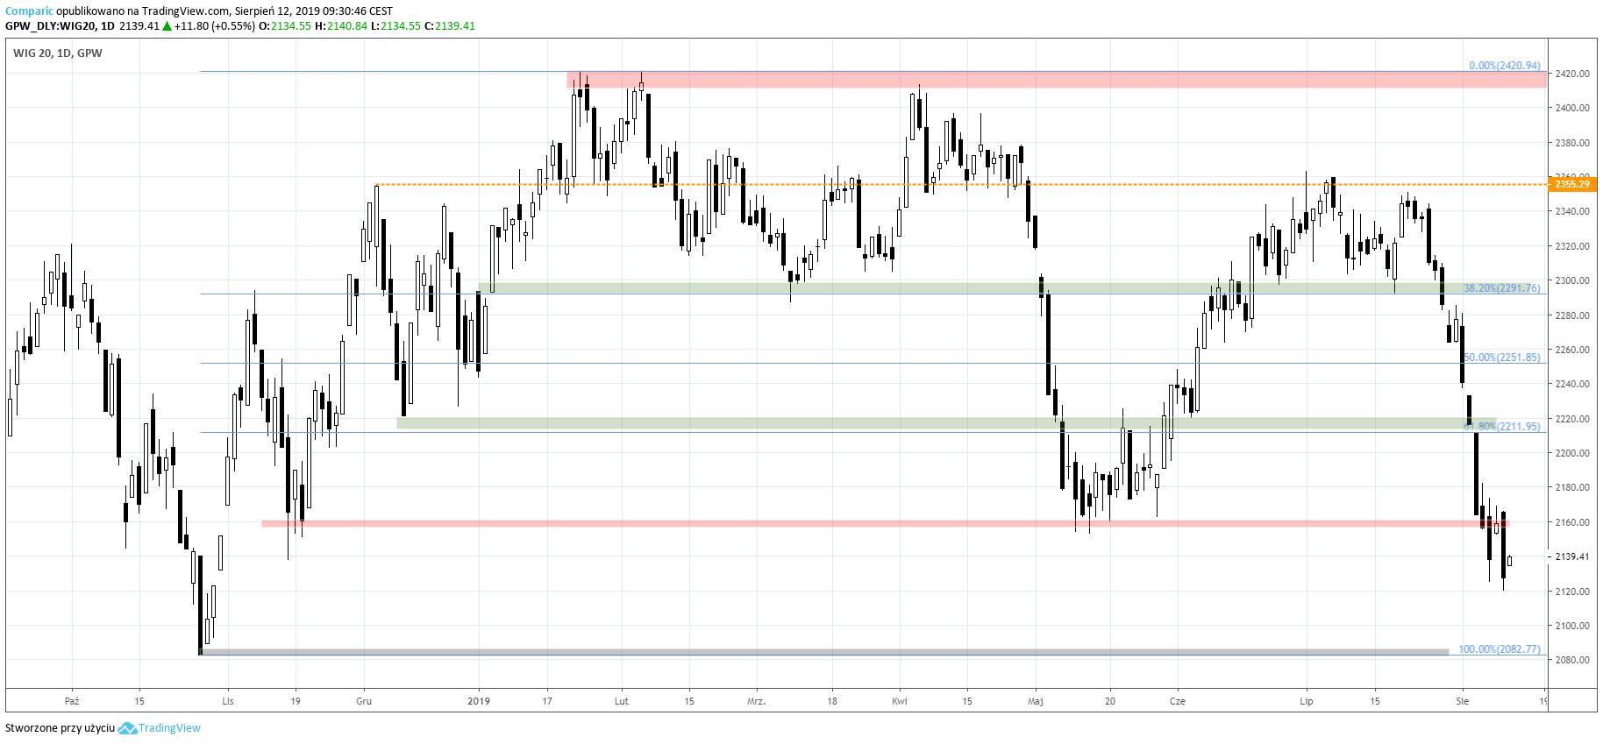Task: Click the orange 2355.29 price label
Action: coord(1571,184)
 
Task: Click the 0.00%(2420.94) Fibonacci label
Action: coord(1504,66)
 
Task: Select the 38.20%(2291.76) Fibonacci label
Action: coord(1501,288)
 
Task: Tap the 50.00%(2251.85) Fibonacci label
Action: coord(1502,358)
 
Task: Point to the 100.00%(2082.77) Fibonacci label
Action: coord(1499,649)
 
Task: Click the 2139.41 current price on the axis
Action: coord(1571,556)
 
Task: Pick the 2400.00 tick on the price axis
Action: coord(1571,108)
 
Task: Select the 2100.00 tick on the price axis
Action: coord(1571,626)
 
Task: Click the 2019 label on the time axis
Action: coord(479,701)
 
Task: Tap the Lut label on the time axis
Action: coord(622,701)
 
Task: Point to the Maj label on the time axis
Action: coord(1036,701)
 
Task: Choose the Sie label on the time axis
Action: coord(1462,701)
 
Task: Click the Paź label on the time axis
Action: coord(72,701)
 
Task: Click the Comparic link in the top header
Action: coord(29,11)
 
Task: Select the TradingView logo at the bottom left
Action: coord(160,728)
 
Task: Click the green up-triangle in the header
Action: coord(167,26)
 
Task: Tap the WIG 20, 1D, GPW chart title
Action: coord(58,53)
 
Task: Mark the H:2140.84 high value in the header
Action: coord(340,26)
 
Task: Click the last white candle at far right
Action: coord(1509,561)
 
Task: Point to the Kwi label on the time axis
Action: coord(900,701)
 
